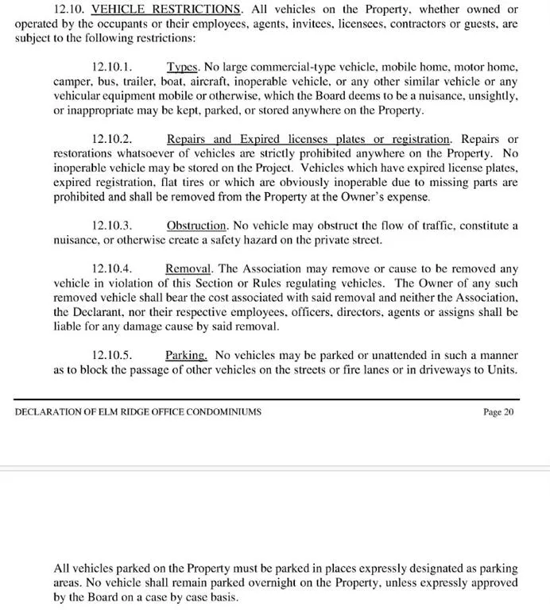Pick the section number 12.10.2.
click(x=112, y=140)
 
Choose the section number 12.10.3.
click(x=112, y=226)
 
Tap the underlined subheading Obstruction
click(x=197, y=226)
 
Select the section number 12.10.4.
click(x=112, y=268)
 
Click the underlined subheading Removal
click(x=191, y=268)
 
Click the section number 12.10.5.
click(x=112, y=355)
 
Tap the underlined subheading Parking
click(x=187, y=355)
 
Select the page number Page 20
click(x=498, y=412)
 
